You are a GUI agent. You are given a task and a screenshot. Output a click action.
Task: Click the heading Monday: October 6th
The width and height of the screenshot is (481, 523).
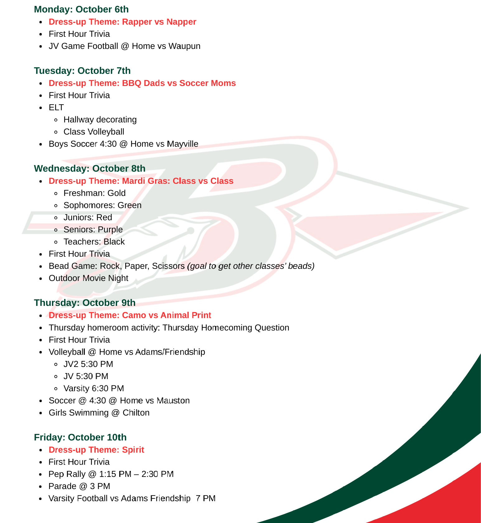point(81,9)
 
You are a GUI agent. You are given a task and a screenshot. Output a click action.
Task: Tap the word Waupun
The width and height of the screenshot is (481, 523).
point(184,46)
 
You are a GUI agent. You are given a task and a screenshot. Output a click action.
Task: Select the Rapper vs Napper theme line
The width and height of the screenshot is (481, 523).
point(122,22)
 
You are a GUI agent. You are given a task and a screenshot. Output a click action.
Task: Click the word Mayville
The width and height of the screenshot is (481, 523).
point(182,144)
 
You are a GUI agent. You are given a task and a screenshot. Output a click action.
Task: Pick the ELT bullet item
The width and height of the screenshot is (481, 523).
point(56,107)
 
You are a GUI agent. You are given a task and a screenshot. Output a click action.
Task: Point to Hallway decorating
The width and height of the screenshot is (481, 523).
point(100,120)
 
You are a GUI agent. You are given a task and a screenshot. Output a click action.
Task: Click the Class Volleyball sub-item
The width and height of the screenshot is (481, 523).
point(94,132)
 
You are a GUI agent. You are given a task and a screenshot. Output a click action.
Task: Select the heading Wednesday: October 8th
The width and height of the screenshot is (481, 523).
point(90,169)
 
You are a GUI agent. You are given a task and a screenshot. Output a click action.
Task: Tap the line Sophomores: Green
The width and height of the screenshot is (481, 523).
point(102,205)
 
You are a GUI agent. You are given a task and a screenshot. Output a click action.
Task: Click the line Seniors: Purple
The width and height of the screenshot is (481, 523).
point(93,230)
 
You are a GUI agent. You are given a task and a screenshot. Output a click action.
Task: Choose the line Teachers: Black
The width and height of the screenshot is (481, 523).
point(94,242)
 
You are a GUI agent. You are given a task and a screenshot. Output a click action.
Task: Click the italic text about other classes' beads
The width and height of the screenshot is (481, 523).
point(251,266)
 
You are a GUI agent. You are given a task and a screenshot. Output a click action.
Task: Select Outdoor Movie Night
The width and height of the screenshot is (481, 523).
point(88,278)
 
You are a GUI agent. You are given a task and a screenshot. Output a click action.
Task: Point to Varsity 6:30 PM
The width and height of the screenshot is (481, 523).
point(94,388)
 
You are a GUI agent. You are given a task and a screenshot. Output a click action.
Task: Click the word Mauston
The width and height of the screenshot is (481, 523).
point(173,401)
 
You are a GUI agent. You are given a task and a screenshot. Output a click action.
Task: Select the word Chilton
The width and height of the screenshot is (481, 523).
point(136,413)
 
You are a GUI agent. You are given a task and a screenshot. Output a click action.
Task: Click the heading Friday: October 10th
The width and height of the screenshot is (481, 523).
point(80,437)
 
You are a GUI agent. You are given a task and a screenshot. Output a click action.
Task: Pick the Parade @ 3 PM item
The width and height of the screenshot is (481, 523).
point(79,486)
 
